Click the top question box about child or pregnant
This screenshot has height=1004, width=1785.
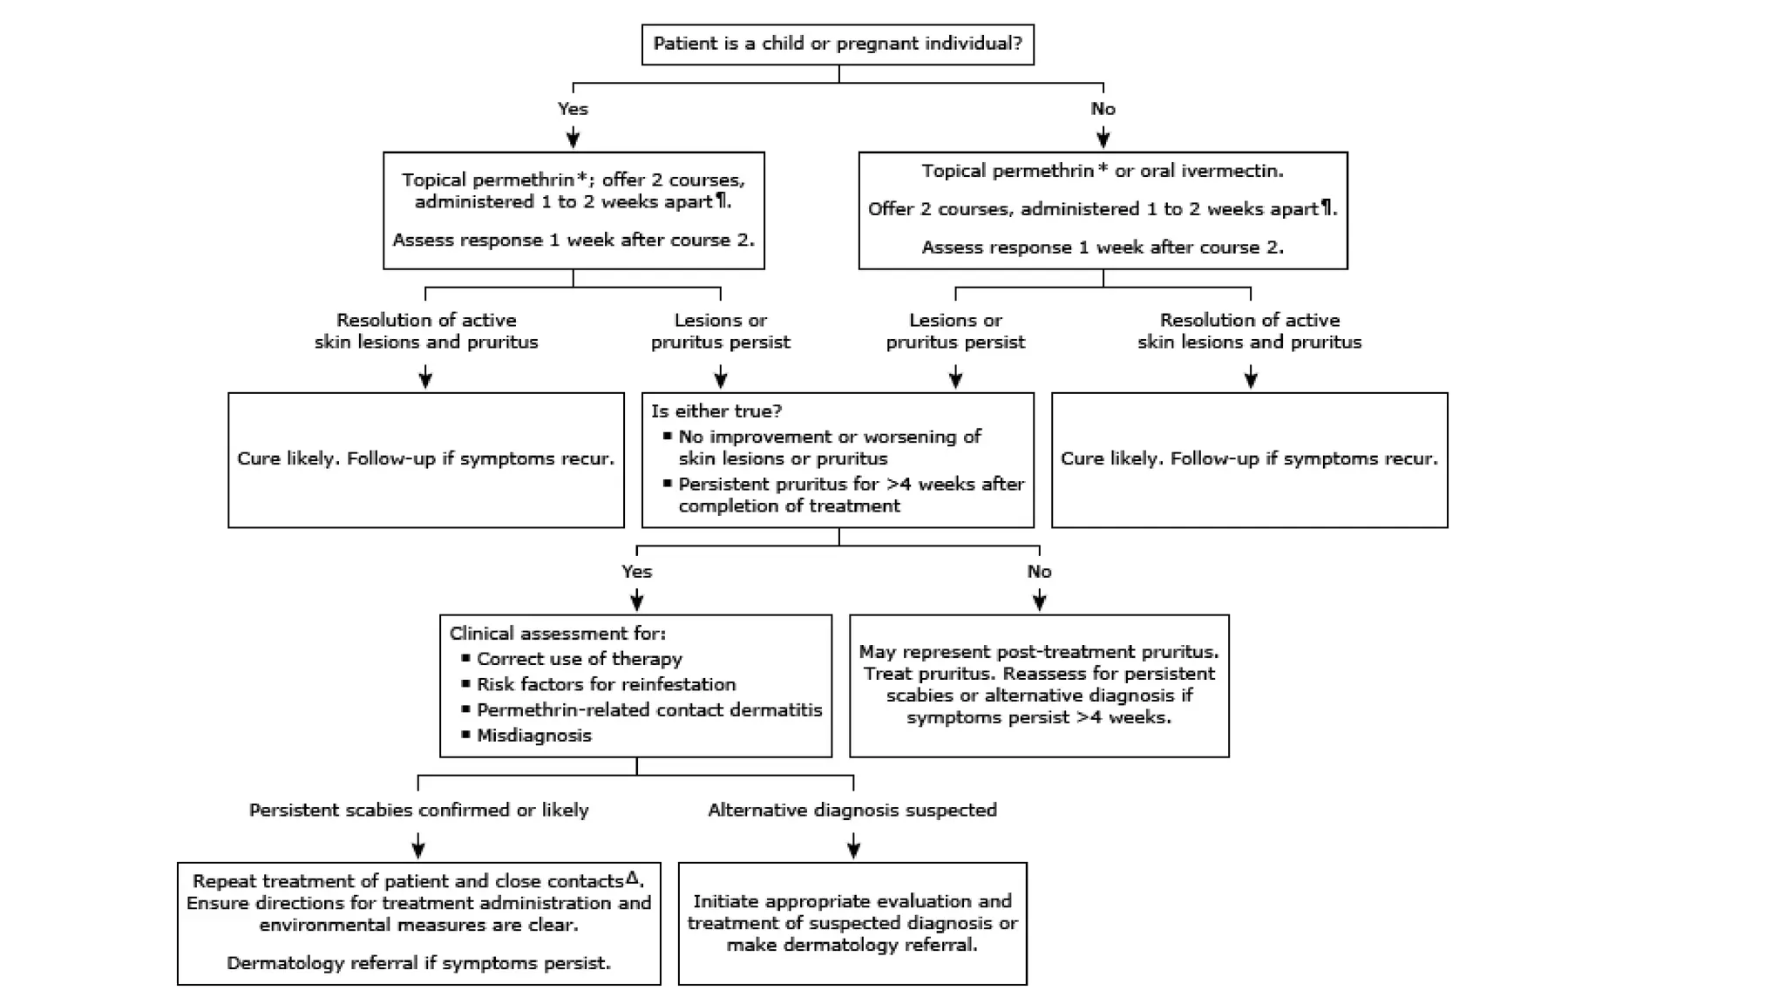click(838, 44)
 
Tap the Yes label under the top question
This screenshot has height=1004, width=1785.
click(573, 109)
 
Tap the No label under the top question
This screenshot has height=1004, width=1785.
click(1103, 109)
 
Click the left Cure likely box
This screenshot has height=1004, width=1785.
click(425, 459)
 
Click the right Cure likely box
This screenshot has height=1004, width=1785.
click(1249, 459)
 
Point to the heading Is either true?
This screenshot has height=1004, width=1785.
click(716, 411)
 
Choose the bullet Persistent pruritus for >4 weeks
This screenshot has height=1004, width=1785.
click(850, 494)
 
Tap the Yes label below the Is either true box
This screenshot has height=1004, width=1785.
click(636, 572)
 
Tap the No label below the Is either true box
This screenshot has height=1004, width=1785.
click(1039, 572)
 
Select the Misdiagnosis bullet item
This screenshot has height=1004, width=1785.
click(533, 736)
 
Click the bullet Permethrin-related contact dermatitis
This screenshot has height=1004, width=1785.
click(648, 710)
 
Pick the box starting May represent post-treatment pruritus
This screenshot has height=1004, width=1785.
click(1039, 685)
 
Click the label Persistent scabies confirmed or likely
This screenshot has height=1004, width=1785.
click(418, 811)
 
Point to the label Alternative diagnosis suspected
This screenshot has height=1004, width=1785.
click(852, 811)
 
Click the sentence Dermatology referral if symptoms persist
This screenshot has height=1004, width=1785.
click(418, 963)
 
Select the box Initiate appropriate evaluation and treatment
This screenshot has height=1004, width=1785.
click(852, 923)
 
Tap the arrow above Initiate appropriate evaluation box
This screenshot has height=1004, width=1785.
click(853, 845)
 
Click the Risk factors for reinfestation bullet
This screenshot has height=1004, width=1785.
click(606, 685)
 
